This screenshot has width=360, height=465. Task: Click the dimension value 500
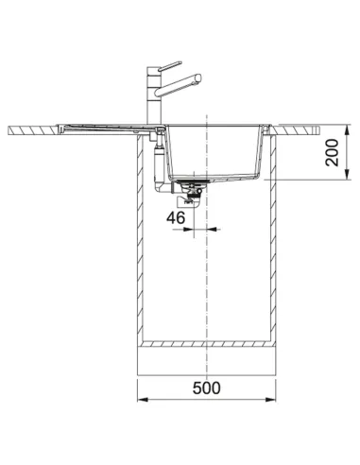207,387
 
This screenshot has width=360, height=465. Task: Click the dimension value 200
332,152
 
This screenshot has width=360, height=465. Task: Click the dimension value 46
176,217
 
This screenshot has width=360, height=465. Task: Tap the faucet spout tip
198,77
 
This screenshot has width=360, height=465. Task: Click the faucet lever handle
170,66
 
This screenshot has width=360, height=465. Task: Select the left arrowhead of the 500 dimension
143,400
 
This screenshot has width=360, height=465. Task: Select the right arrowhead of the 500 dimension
270,400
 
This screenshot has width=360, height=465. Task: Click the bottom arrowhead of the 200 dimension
347,175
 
